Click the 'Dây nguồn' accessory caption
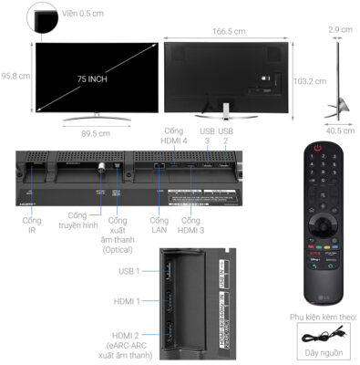[x=320, y=353]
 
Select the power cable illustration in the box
[x=320, y=336]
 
